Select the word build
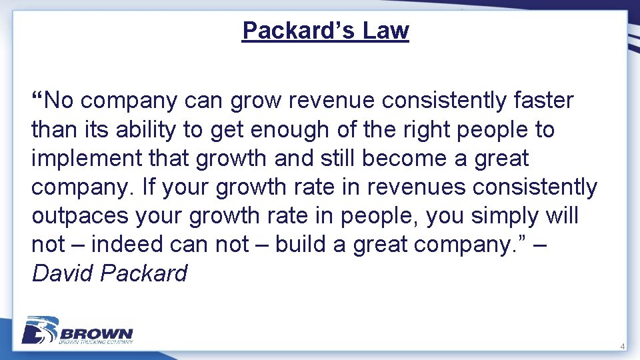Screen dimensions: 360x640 305,245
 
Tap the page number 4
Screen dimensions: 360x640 622,347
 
